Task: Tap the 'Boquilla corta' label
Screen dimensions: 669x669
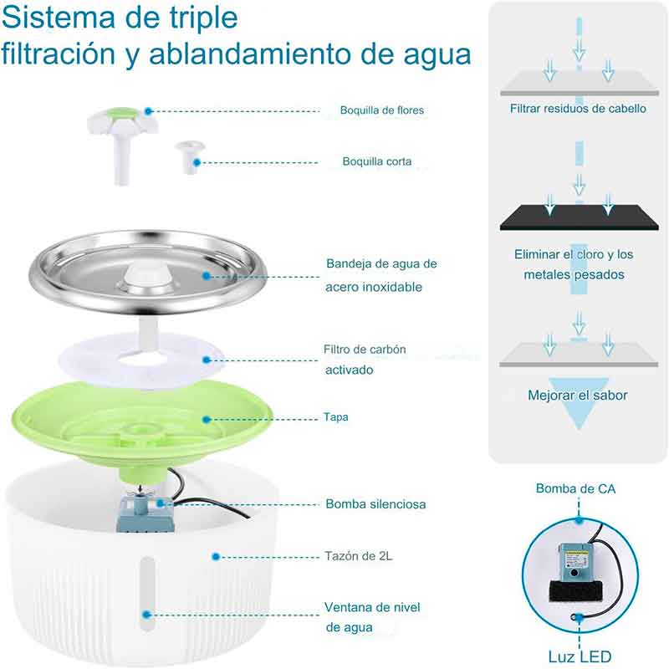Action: coord(376,161)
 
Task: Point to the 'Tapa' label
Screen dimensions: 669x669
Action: coord(336,416)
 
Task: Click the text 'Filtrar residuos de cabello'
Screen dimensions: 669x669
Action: coord(578,109)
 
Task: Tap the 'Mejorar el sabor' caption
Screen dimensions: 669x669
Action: coord(577,396)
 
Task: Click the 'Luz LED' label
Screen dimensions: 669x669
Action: coord(579,656)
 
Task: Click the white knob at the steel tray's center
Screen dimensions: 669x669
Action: coord(146,277)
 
